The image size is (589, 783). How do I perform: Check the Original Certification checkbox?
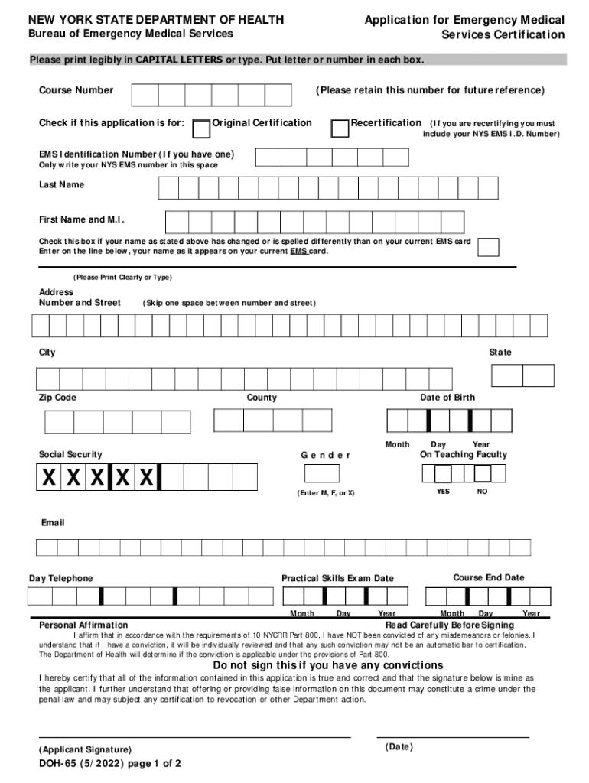point(202,128)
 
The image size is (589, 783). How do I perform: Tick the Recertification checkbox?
point(340,128)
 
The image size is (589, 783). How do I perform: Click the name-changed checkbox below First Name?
point(487,247)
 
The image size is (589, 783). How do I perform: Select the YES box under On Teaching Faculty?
point(432,475)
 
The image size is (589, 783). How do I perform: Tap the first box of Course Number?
point(145,95)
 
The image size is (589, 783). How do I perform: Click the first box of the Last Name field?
point(168,188)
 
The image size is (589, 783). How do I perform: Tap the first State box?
point(507,375)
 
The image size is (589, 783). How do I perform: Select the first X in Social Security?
point(49,478)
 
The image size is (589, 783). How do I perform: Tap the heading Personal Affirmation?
point(83,625)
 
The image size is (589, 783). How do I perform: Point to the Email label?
point(53,522)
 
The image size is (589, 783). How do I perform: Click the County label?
point(262,398)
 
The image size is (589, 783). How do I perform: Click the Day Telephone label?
point(61,578)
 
